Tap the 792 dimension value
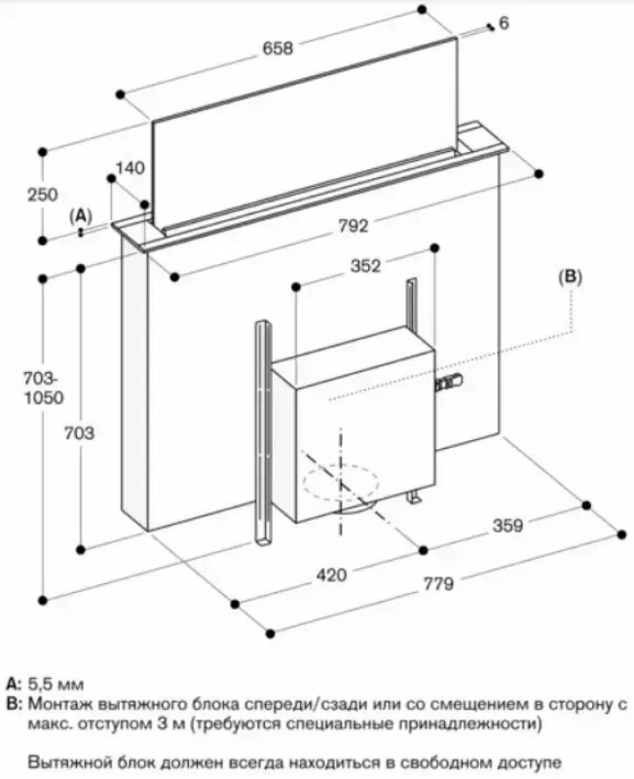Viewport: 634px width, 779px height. coord(354,226)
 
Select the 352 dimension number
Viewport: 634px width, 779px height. coord(364,264)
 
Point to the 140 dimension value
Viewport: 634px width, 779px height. coord(130,167)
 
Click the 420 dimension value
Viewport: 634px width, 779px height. coord(331,575)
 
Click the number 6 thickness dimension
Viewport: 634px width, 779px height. coord(503,22)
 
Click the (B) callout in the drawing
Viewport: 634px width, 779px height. coord(570,277)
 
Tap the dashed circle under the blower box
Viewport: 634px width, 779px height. coord(336,481)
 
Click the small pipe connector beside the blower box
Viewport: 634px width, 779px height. coord(450,383)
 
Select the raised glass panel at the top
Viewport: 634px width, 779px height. coord(302,156)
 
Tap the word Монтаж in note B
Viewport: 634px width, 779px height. coord(60,703)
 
